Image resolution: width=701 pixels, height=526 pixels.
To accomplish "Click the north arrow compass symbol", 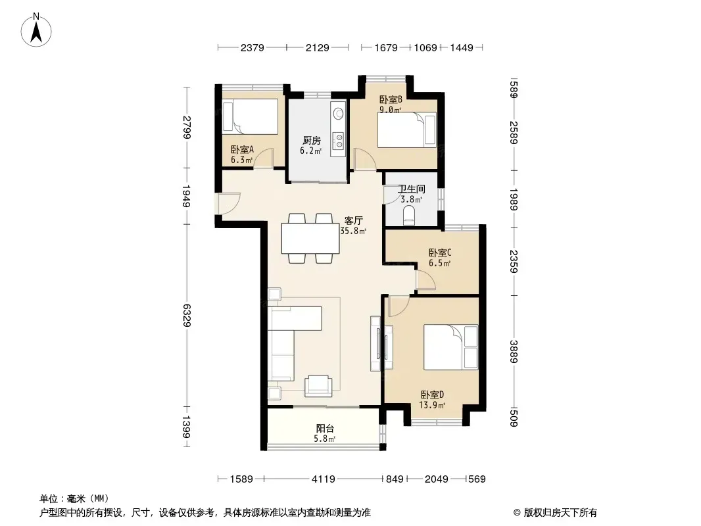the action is click(x=36, y=30).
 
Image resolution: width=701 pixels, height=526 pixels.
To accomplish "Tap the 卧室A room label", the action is click(x=242, y=150).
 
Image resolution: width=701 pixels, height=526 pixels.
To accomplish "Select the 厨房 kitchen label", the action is click(x=311, y=140).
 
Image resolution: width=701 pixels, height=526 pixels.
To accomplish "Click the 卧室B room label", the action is click(x=391, y=99).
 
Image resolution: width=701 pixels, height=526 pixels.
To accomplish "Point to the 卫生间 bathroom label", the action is click(x=411, y=189).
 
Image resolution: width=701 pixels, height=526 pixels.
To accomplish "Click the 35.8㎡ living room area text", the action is click(x=353, y=231).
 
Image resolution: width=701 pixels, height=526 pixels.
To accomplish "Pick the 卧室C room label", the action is click(x=440, y=253).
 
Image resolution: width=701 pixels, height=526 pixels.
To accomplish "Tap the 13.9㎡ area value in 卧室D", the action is click(x=432, y=405).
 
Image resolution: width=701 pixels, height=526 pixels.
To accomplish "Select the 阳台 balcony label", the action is click(x=325, y=428).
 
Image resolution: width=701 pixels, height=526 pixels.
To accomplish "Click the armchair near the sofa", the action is click(x=318, y=386).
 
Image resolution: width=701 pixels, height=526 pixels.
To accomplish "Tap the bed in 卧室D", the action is click(x=450, y=347).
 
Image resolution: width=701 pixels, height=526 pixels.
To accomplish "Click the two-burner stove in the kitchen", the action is click(x=339, y=141).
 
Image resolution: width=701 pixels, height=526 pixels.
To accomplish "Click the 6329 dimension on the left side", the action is click(x=187, y=315).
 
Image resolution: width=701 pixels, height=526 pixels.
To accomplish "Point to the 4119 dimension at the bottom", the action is click(x=324, y=479).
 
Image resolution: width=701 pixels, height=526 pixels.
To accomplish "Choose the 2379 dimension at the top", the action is click(x=253, y=47).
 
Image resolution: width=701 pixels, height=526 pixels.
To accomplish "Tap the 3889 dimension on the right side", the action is click(x=514, y=352).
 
